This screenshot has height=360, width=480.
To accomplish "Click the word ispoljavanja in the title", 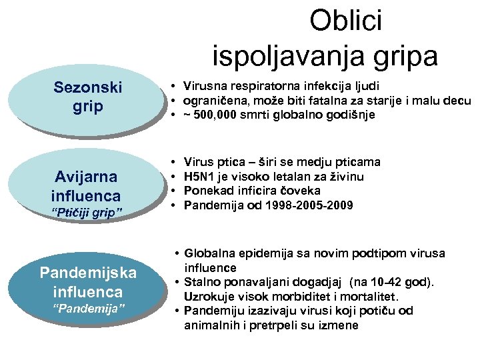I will (x=293, y=55).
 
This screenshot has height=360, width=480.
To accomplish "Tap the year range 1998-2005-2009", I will (x=311, y=205).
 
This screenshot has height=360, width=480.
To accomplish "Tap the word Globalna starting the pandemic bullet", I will (x=207, y=253).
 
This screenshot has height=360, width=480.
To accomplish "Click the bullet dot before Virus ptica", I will (x=173, y=162).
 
